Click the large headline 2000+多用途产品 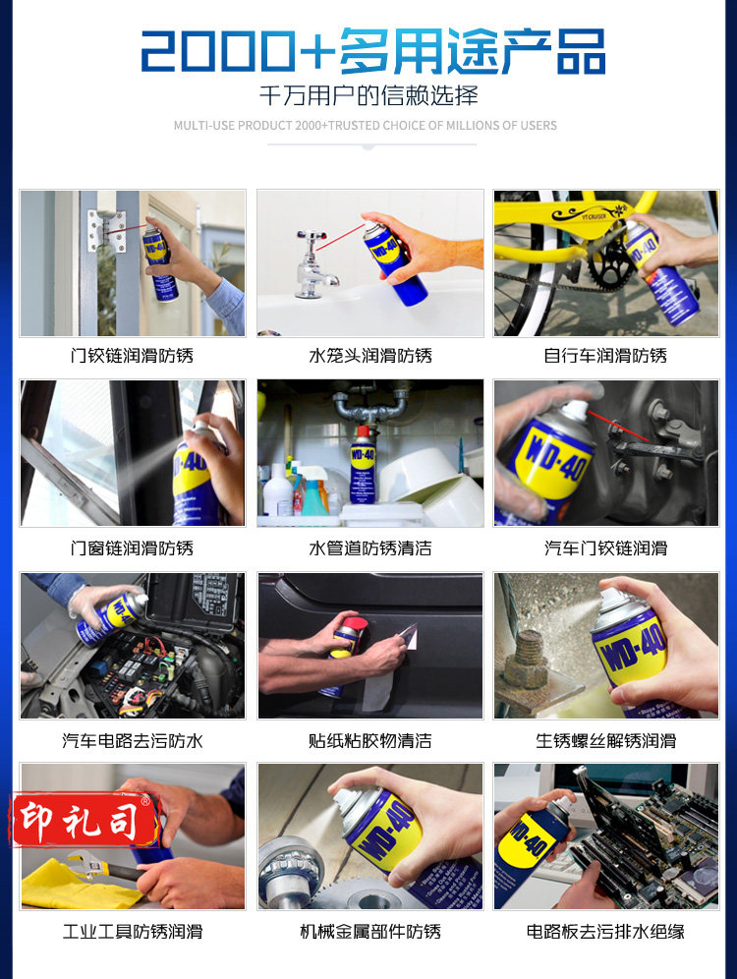click(372, 50)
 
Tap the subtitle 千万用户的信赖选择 click(368, 95)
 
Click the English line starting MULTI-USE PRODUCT click(366, 126)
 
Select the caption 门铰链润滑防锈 click(132, 356)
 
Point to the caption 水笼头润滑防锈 click(370, 356)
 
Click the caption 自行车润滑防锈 click(605, 356)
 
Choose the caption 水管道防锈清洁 click(370, 548)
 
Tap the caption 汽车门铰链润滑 click(606, 548)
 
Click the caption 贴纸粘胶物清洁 click(370, 741)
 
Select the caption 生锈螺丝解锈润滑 click(606, 741)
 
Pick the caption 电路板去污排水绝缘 click(605, 932)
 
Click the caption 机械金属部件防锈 click(370, 932)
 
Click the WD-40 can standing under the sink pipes click(362, 466)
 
